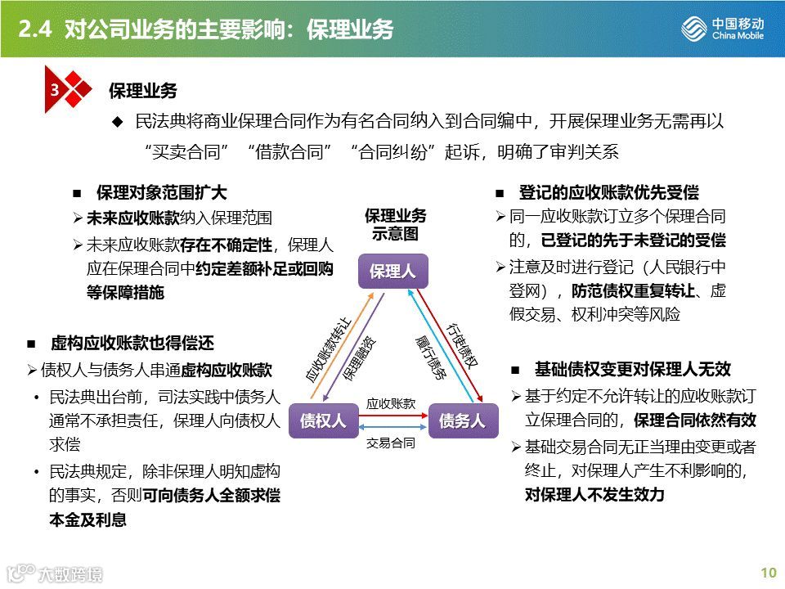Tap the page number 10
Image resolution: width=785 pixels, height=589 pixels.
pos(768,573)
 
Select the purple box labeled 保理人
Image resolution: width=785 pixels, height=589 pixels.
pos(392,272)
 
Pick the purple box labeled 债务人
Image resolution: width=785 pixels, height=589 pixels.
pos(462,420)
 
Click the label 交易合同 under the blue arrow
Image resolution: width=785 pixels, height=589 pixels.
pos(391,443)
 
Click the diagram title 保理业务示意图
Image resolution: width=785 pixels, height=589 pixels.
pos(396,224)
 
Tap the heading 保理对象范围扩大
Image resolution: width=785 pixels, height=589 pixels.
pos(161,193)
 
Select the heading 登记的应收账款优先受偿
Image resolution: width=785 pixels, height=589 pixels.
pos(608,193)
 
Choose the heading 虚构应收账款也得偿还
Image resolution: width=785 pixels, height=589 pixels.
pos(132,344)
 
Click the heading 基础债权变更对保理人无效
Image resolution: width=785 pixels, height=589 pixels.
pos(632,369)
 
